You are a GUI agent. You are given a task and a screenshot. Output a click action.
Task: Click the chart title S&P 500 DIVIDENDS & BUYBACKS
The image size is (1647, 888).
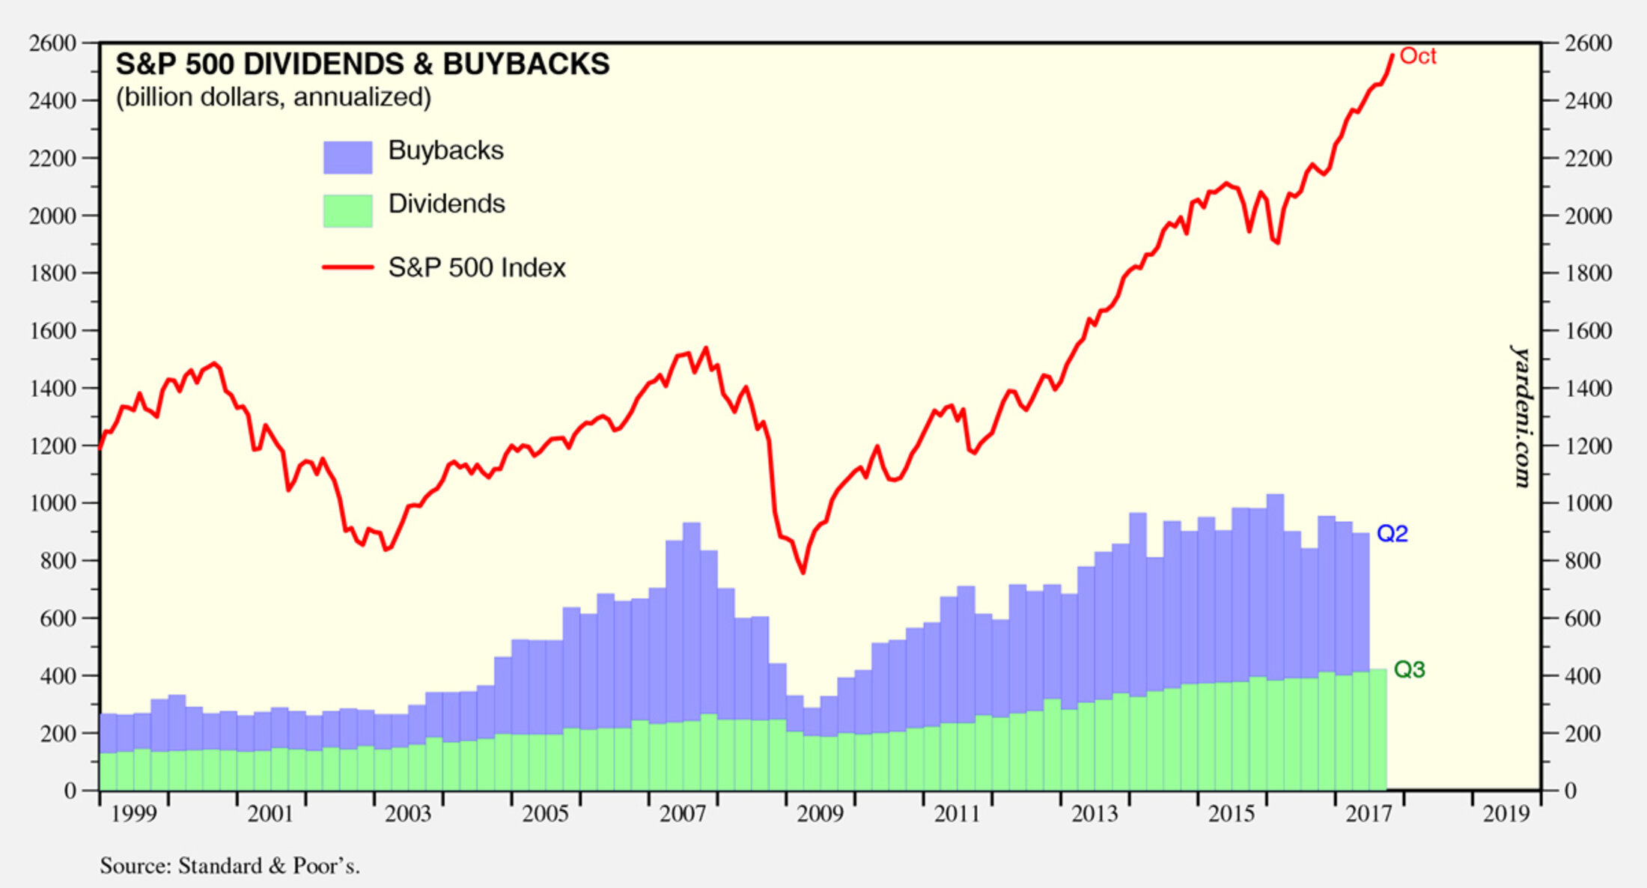pyautogui.click(x=362, y=64)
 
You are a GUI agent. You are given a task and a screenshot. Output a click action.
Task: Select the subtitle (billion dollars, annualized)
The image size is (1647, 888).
pyautogui.click(x=273, y=97)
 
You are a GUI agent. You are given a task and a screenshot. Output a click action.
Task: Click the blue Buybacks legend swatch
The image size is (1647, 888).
pyautogui.click(x=347, y=157)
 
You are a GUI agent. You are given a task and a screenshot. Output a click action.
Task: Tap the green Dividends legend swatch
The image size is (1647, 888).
pyautogui.click(x=347, y=210)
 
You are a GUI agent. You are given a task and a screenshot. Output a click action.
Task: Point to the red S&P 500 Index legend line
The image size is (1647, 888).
pyautogui.click(x=347, y=267)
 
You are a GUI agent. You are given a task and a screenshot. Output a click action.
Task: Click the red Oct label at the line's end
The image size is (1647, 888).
pyautogui.click(x=1417, y=56)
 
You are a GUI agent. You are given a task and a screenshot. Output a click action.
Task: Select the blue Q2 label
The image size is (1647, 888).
pyautogui.click(x=1392, y=534)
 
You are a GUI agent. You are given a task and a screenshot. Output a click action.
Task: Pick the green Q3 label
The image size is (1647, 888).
pyautogui.click(x=1409, y=669)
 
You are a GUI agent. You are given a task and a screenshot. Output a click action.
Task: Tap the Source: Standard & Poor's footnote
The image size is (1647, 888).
pyautogui.click(x=230, y=866)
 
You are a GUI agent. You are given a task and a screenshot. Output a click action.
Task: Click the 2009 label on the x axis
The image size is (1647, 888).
pyautogui.click(x=820, y=814)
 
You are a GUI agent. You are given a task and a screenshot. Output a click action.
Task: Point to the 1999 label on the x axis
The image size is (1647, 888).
pyautogui.click(x=133, y=814)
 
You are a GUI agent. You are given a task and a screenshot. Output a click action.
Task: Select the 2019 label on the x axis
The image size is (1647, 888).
pyautogui.click(x=1506, y=814)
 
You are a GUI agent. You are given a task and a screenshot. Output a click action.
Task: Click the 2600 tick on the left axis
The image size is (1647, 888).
pyautogui.click(x=52, y=43)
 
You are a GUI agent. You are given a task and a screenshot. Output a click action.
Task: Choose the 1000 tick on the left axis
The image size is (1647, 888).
pyautogui.click(x=52, y=503)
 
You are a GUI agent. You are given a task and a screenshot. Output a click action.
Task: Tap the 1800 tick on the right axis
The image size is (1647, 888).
pyautogui.click(x=1588, y=273)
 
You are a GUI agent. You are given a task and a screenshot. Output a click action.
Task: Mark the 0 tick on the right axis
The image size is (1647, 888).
pyautogui.click(x=1570, y=791)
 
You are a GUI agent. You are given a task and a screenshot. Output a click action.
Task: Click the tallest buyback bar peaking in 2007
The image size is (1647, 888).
pyautogui.click(x=691, y=599)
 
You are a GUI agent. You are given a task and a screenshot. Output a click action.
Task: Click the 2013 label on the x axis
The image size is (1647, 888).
pyautogui.click(x=1094, y=814)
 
